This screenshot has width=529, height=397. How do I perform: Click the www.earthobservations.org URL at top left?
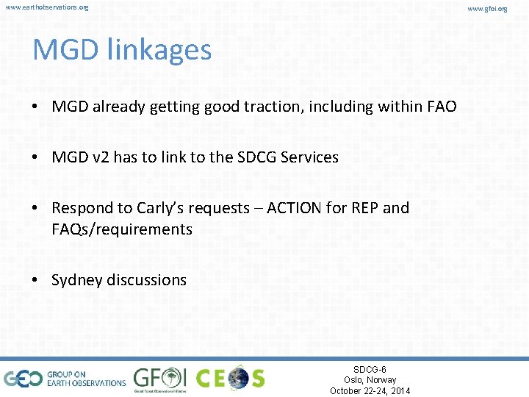tap(46, 7)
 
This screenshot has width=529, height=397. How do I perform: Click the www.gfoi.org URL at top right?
tap(506, 8)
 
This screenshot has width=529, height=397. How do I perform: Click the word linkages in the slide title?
tap(159, 50)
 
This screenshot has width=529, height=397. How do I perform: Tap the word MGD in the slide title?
tap(66, 50)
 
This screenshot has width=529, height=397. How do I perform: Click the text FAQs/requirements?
tap(122, 229)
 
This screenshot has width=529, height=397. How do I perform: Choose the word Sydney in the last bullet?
tap(77, 280)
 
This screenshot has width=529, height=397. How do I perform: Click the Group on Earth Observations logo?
tap(65, 378)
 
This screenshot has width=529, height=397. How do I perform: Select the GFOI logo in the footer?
tap(159, 378)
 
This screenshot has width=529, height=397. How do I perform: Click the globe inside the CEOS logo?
tap(238, 378)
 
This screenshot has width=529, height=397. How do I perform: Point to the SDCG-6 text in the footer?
tap(370, 369)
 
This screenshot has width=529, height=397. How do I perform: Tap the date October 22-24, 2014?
tap(370, 390)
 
